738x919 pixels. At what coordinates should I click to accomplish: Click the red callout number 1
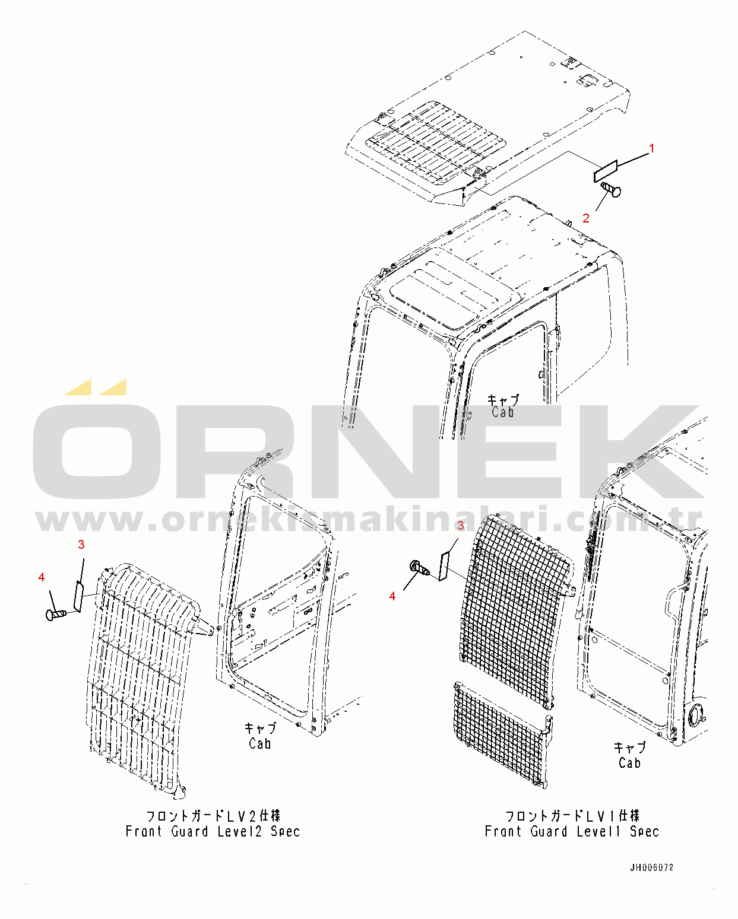tap(652, 148)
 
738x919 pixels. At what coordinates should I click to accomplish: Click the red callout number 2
tap(586, 218)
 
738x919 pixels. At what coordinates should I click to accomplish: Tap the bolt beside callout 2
tap(611, 189)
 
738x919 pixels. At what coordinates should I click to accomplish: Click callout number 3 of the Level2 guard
tap(81, 545)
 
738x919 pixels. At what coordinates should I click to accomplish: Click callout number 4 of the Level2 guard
tap(42, 577)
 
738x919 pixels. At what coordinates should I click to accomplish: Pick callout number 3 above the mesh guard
tap(460, 525)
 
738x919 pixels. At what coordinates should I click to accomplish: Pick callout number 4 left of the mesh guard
tap(392, 596)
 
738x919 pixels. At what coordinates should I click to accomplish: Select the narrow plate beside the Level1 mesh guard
tap(443, 566)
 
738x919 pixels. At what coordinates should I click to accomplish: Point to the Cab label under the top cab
tap(502, 412)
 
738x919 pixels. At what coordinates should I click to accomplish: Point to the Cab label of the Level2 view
tap(260, 743)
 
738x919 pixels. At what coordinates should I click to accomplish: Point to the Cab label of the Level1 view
tap(629, 763)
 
